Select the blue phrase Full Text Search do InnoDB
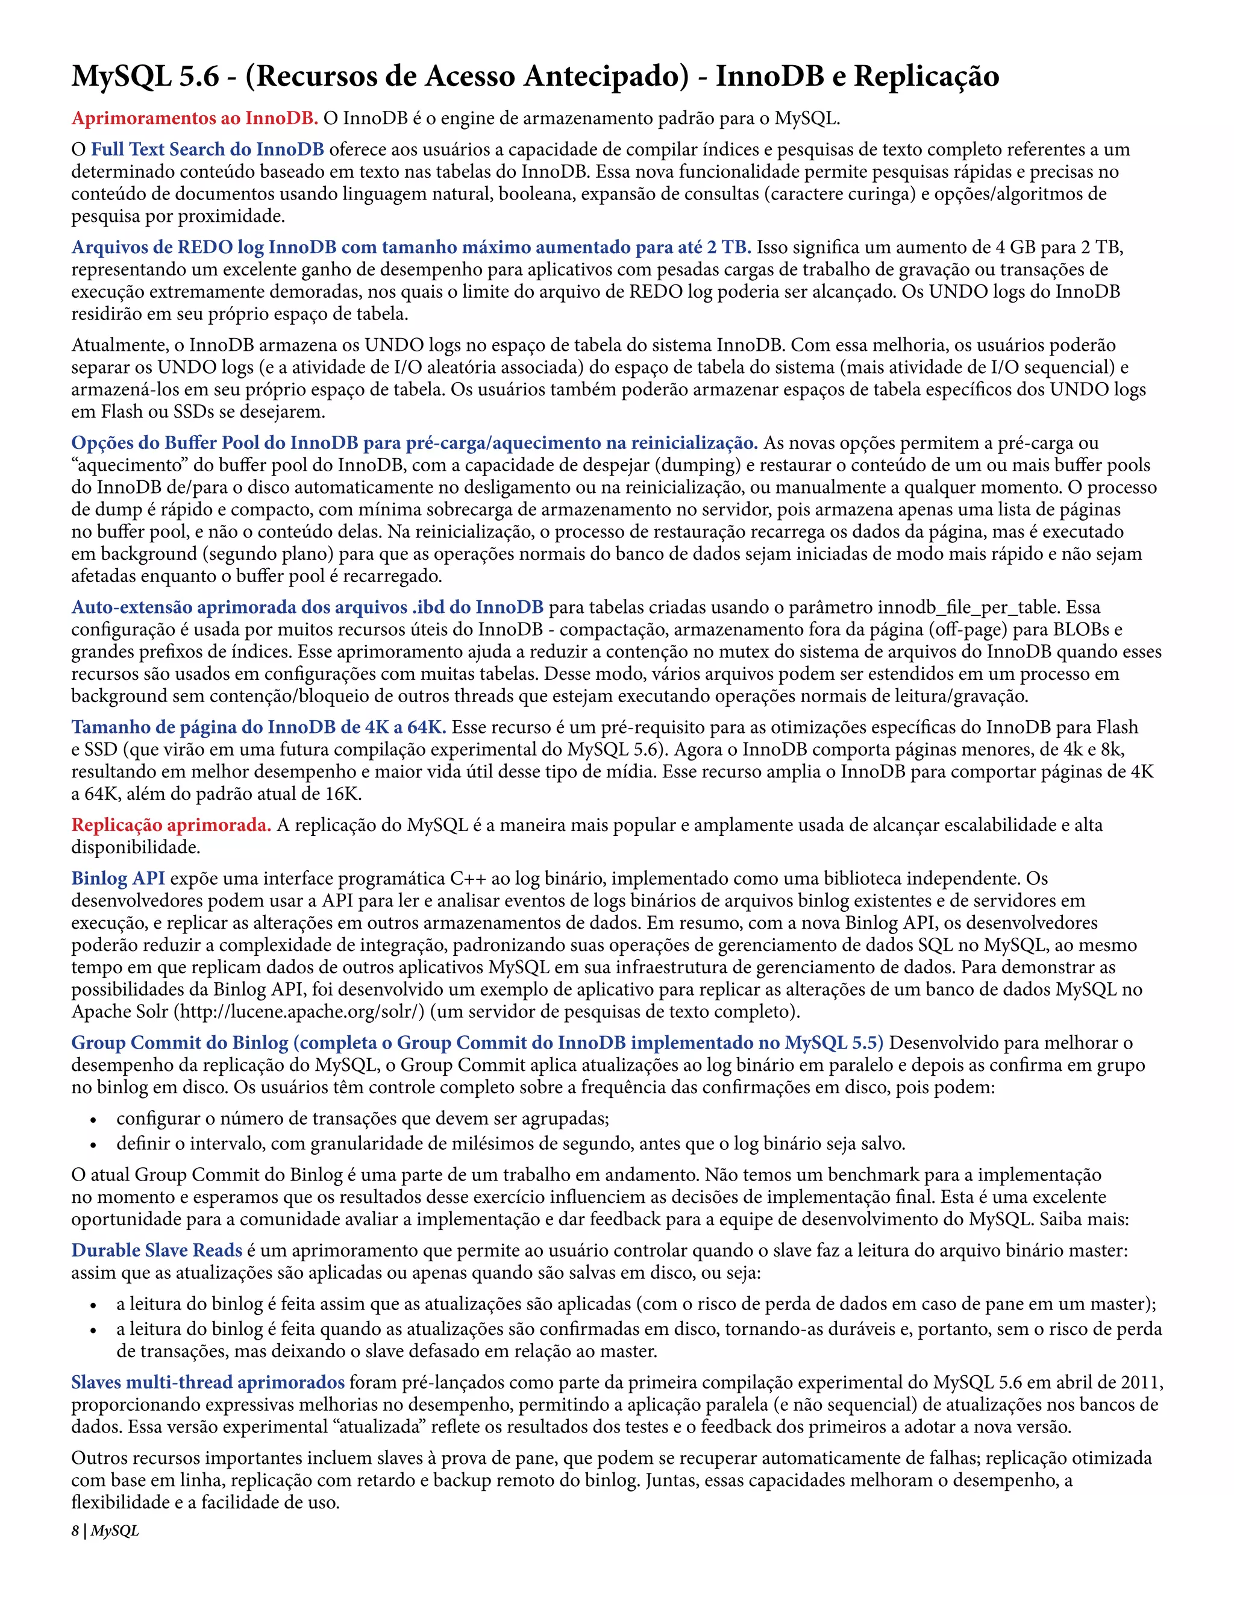pyautogui.click(x=208, y=150)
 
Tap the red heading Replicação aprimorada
pyautogui.click(x=171, y=826)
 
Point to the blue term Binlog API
pyautogui.click(x=117, y=879)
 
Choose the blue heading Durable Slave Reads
pyautogui.click(x=157, y=1251)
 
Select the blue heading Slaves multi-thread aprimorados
pyautogui.click(x=208, y=1382)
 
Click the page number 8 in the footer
pyautogui.click(x=75, y=1531)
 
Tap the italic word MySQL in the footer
pyautogui.click(x=114, y=1531)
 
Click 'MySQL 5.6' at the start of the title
pyautogui.click(x=145, y=77)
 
